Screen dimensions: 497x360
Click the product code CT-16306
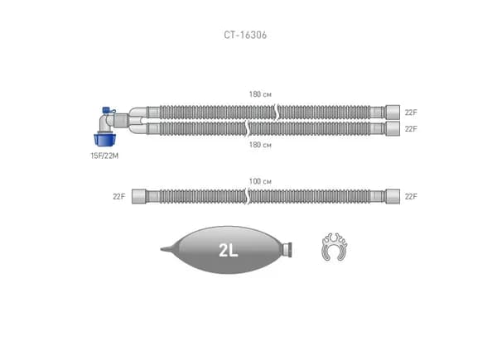(245, 35)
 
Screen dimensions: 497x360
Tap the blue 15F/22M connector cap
(104, 140)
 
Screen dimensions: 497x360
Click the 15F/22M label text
(104, 156)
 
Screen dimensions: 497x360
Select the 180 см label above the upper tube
(260, 94)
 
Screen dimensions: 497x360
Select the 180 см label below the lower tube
(260, 145)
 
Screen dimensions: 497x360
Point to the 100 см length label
(260, 181)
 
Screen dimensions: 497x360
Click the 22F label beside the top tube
(411, 113)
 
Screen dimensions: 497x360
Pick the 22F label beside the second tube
(411, 129)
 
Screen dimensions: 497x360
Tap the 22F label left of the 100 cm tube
(118, 197)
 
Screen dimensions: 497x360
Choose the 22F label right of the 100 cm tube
(411, 197)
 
